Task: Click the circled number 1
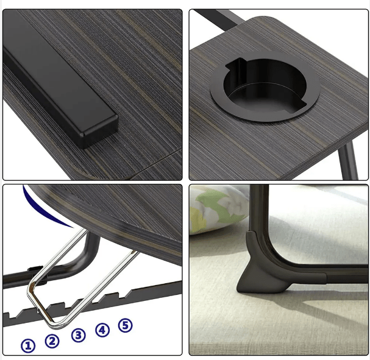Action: pos(28,346)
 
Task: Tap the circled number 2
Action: pos(52,341)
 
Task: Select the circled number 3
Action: pos(79,335)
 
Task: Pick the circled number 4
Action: pos(102,330)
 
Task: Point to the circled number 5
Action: pos(126,325)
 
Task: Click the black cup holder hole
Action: pos(265,86)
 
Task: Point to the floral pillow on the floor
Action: pos(215,210)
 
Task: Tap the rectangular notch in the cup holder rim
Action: pos(237,64)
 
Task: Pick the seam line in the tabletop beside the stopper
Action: pos(155,163)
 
